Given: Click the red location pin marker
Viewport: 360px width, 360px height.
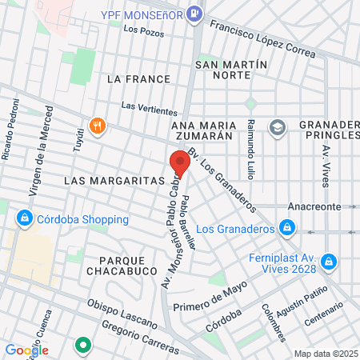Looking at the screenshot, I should pos(179,163).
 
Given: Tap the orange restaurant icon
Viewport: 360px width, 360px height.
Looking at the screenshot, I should pos(98,126).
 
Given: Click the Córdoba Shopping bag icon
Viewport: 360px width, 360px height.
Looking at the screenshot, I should pos(26,218).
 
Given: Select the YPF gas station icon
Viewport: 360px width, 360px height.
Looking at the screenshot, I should pos(194,14).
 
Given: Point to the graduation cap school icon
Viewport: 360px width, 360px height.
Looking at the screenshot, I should pos(277,126).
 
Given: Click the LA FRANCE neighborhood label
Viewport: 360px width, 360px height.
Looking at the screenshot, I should pos(138,79).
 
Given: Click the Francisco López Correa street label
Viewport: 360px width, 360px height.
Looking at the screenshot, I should pos(262,38).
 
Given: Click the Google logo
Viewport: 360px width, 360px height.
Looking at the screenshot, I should pos(26,350).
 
